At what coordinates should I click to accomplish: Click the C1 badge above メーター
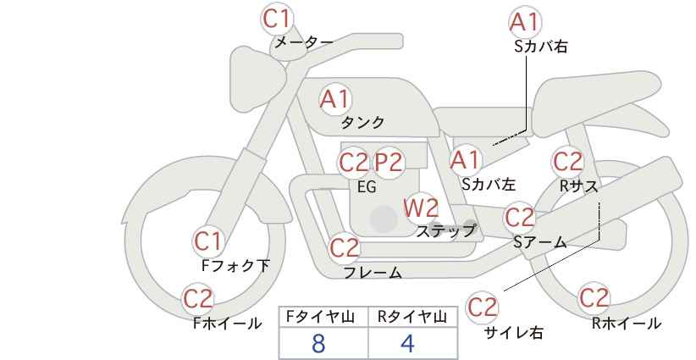[277, 19]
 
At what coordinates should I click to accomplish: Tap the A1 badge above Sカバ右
[525, 22]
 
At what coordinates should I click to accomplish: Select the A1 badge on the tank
[335, 99]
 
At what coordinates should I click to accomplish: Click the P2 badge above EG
[389, 163]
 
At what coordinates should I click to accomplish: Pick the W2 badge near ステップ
[421, 208]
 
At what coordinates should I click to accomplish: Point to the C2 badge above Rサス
[567, 162]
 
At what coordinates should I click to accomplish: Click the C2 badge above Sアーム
[520, 218]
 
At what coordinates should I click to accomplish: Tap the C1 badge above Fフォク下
[207, 241]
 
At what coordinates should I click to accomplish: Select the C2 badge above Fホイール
[198, 299]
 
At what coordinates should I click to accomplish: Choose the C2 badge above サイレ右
[482, 307]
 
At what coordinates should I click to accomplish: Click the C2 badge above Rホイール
[594, 298]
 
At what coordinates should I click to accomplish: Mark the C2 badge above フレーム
[345, 248]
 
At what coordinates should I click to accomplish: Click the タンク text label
[362, 123]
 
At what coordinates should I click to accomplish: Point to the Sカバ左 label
[489, 184]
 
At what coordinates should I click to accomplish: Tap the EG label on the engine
[367, 187]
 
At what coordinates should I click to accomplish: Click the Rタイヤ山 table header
[412, 317]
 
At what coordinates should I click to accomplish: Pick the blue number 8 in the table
[318, 343]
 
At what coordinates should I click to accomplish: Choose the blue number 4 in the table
[407, 343]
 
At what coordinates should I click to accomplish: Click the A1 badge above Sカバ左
[465, 160]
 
